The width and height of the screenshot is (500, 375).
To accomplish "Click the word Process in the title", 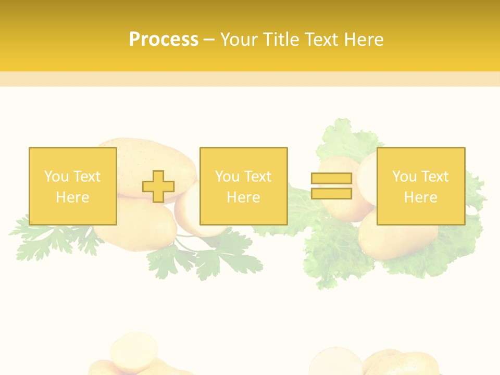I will (x=164, y=40).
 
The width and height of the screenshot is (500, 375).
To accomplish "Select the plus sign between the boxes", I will (x=158, y=186).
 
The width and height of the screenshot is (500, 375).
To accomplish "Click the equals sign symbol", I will (x=331, y=186).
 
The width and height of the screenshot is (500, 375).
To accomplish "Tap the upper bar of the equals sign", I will (x=331, y=179).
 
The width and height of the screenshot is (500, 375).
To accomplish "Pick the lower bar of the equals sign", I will (x=331, y=194).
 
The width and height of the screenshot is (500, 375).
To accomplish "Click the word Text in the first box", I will (x=87, y=177).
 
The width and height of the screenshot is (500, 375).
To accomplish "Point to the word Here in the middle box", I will (x=243, y=197).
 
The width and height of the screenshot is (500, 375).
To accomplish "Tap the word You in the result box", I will (x=405, y=177).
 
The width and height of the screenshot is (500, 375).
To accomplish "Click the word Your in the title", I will (x=241, y=40).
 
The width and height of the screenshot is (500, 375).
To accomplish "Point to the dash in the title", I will (x=209, y=40).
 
